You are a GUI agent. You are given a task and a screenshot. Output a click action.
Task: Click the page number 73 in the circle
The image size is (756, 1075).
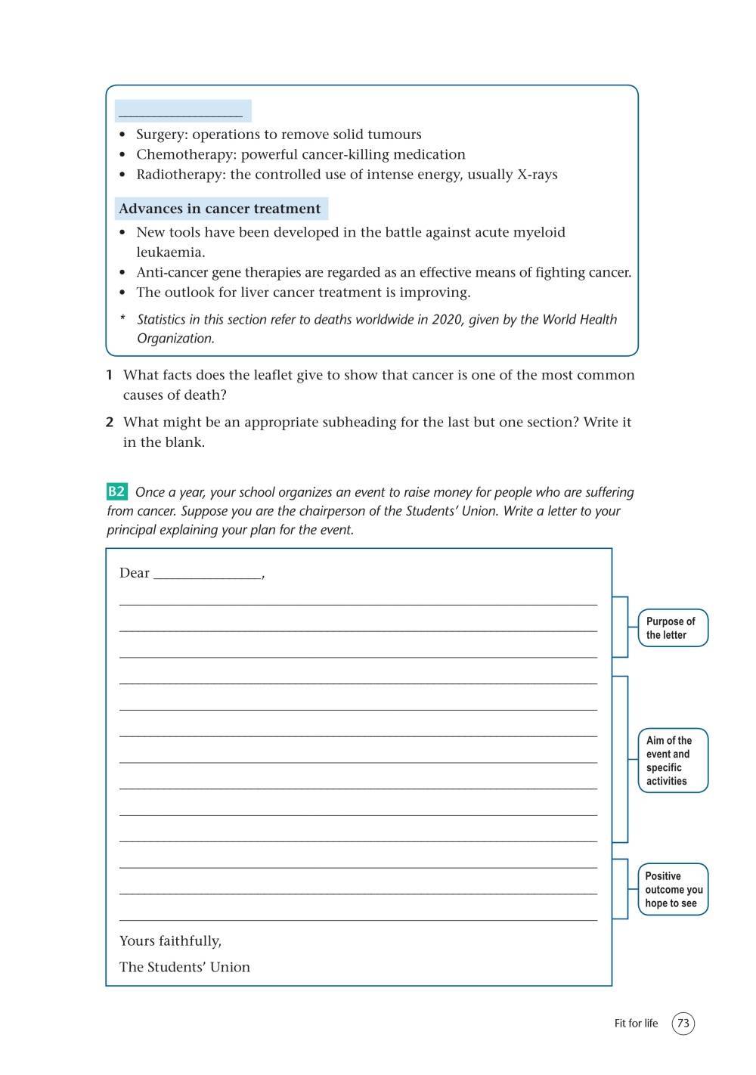[683, 1024]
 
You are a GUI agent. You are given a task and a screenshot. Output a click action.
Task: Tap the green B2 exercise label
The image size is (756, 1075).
[116, 492]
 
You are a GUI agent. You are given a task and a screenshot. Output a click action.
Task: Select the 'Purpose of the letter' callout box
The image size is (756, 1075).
[672, 628]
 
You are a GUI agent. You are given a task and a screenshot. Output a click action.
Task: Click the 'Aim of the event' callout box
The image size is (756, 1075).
[672, 761]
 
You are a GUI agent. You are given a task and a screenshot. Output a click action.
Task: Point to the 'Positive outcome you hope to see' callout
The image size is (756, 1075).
[673, 890]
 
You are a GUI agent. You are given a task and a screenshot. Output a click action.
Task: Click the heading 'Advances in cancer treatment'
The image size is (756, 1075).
[220, 209]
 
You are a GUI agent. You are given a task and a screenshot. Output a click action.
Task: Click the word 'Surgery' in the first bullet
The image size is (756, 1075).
[161, 135]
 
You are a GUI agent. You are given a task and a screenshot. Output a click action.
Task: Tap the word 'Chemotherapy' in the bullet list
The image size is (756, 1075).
[184, 154]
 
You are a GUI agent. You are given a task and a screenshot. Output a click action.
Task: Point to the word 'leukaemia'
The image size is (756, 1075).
[170, 252]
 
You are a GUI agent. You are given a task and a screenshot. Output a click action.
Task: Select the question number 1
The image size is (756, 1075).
[110, 375]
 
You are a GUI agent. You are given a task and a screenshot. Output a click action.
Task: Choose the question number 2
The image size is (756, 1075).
[110, 423]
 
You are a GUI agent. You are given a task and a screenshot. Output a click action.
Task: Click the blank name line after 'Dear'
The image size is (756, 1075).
[207, 574]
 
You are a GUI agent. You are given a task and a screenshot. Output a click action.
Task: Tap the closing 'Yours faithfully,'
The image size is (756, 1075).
[170, 941]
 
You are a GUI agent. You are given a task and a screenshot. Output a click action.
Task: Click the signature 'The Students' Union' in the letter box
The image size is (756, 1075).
[184, 967]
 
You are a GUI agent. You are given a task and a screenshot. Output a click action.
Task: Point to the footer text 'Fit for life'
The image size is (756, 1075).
[636, 1024]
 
